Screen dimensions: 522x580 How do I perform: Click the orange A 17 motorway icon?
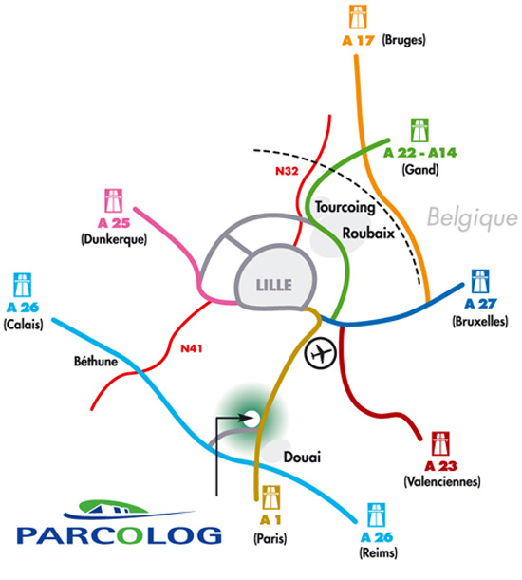pyautogui.click(x=358, y=17)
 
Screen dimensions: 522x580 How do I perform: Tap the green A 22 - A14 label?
pyautogui.click(x=419, y=153)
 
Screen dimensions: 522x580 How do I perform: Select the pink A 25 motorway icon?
pyautogui.click(x=114, y=201)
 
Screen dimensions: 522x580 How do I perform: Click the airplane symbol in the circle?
pyautogui.click(x=321, y=353)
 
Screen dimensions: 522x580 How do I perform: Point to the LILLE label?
pyautogui.click(x=274, y=285)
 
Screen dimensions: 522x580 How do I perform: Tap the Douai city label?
pyautogui.click(x=302, y=457)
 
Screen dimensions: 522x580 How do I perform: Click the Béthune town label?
pyautogui.click(x=96, y=361)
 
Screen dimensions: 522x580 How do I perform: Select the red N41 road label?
pyautogui.click(x=192, y=348)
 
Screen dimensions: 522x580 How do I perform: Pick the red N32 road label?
pyautogui.click(x=287, y=171)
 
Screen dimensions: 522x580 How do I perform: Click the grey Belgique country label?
pyautogui.click(x=473, y=218)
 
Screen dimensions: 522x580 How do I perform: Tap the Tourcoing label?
pyautogui.click(x=345, y=207)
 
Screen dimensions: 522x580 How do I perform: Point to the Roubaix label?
pyautogui.click(x=368, y=233)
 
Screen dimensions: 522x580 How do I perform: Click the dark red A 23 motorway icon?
pyautogui.click(x=440, y=443)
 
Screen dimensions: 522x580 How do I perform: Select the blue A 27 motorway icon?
pyautogui.click(x=480, y=282)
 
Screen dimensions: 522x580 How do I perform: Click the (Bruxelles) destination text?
pyautogui.click(x=480, y=321)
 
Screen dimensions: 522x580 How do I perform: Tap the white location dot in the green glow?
pyautogui.click(x=252, y=419)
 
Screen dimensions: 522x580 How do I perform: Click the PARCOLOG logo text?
pyautogui.click(x=120, y=535)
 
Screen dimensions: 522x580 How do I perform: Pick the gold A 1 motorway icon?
pyautogui.click(x=271, y=497)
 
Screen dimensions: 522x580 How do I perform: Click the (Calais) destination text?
pyautogui.click(x=23, y=325)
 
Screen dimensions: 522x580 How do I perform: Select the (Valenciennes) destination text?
pyautogui.click(x=442, y=481)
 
